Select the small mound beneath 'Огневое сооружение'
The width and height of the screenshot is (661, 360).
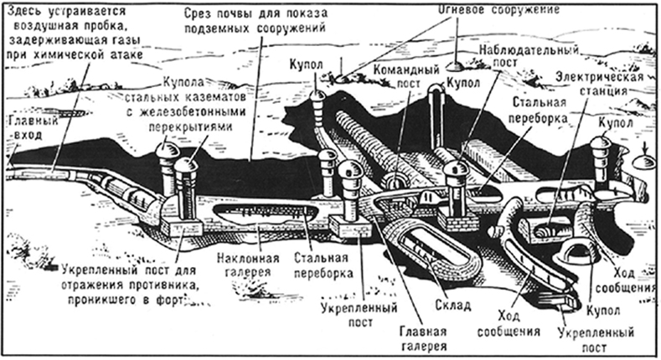[x=457, y=64]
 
